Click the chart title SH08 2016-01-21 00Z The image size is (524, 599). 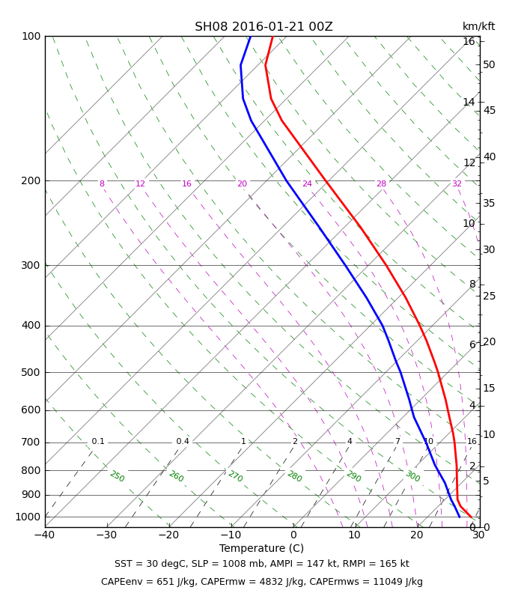pos(263,27)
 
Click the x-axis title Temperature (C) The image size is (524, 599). pos(261,548)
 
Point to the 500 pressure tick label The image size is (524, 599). pos(31,372)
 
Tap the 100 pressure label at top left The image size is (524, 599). pos(31,36)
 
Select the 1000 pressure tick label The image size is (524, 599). pos(28,517)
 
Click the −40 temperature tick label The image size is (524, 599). pos(45,535)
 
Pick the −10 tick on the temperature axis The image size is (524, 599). pos(231,535)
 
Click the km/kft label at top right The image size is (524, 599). pos(478,26)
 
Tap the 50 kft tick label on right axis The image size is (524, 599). pos(490,64)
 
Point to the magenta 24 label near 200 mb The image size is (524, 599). pos(307,183)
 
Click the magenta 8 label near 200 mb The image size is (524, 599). pos(102,183)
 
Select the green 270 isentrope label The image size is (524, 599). pos(235,476)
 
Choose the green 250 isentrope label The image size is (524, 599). pos(118,476)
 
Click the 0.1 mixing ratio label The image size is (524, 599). pos(98,441)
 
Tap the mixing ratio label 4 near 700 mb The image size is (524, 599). pos(350,441)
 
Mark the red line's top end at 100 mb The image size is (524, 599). pos(272,37)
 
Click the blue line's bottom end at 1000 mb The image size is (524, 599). pos(460,517)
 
